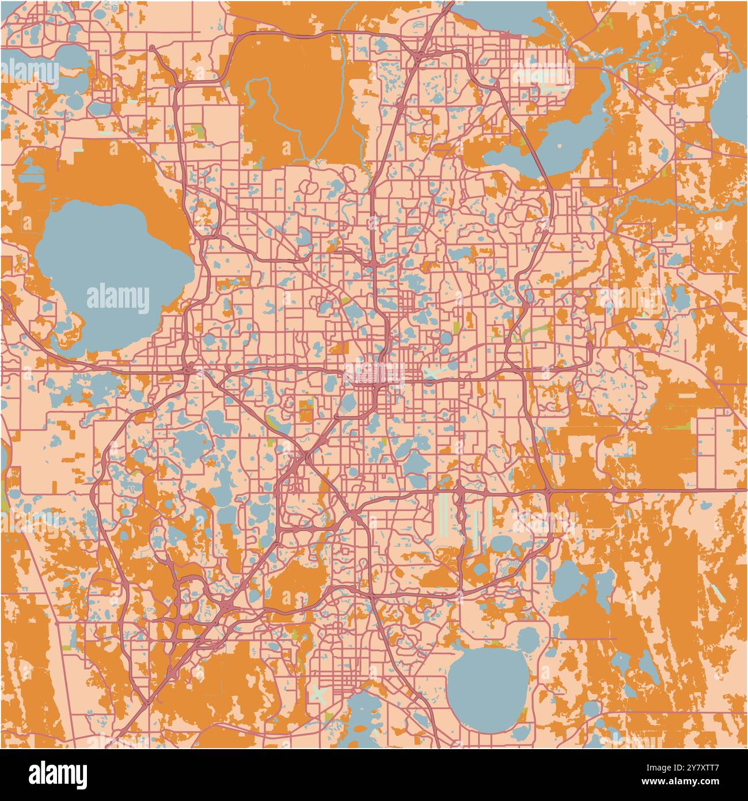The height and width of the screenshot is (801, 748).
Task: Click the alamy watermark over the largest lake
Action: point(118,298)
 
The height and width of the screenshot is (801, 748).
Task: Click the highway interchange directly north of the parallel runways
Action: point(461,490)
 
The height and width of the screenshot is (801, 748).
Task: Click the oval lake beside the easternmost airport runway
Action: point(500,543)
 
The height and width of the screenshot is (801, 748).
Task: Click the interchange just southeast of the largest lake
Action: point(190,367)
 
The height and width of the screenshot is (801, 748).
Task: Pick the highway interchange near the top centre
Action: point(419,55)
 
